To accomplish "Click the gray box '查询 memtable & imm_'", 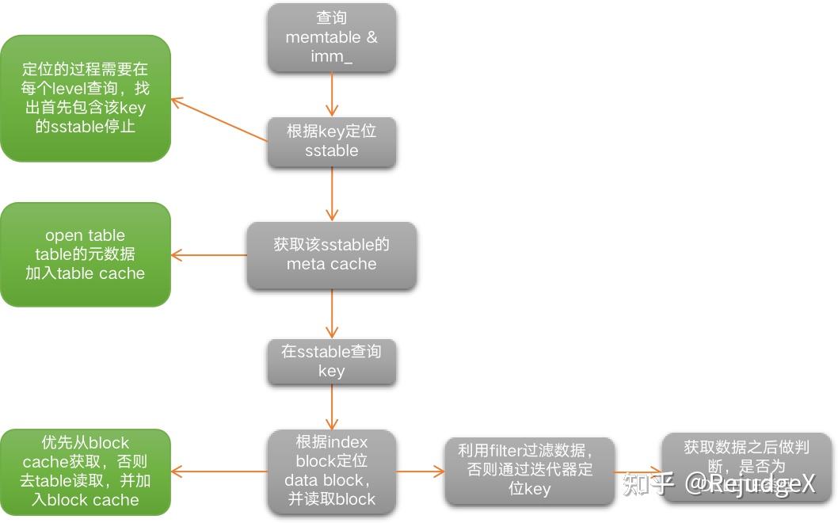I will pos(331,37).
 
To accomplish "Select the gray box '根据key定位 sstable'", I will pos(331,142).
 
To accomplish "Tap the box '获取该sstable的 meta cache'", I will pos(331,254).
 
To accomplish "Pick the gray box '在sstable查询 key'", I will pos(331,361).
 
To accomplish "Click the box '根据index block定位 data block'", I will pos(331,470).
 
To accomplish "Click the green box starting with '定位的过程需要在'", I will pos(85,98).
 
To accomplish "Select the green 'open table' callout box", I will pos(85,254).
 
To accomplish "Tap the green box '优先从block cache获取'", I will pos(85,471).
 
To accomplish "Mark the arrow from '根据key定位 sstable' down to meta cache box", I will pos(331,195).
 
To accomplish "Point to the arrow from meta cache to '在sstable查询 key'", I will pos(331,315).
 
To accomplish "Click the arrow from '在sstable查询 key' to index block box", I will pos(331,408).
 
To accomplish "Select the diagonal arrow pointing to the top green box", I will pos(219,120).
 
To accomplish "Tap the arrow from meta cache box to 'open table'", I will pos(209,255).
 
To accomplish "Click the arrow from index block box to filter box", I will pos(420,471).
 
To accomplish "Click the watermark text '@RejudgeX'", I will pos(749,483).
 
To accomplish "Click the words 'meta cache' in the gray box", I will pos(331,264).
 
